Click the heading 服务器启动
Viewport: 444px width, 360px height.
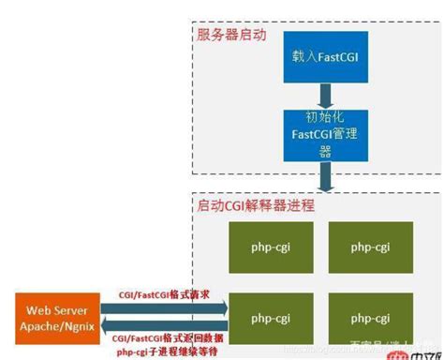pos(231,36)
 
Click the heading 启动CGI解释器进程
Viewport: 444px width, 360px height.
pos(255,204)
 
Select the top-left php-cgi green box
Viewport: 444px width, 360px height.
pos(264,247)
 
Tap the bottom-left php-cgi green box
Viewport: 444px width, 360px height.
pos(264,319)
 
